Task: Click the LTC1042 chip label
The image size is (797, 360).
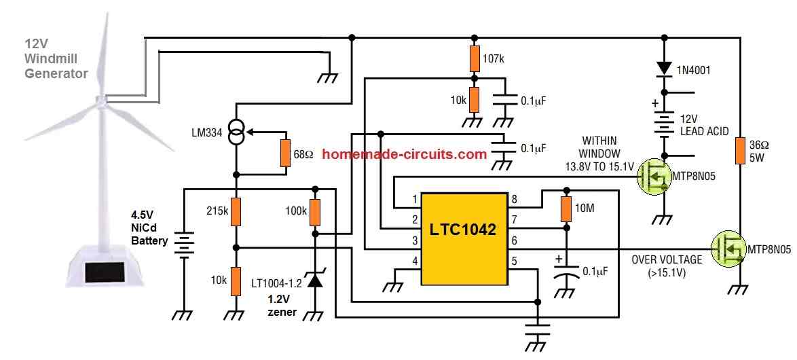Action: point(464,230)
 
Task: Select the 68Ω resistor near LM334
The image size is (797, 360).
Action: point(286,154)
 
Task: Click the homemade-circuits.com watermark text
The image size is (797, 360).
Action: point(404,154)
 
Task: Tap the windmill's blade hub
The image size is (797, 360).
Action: point(103,102)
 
